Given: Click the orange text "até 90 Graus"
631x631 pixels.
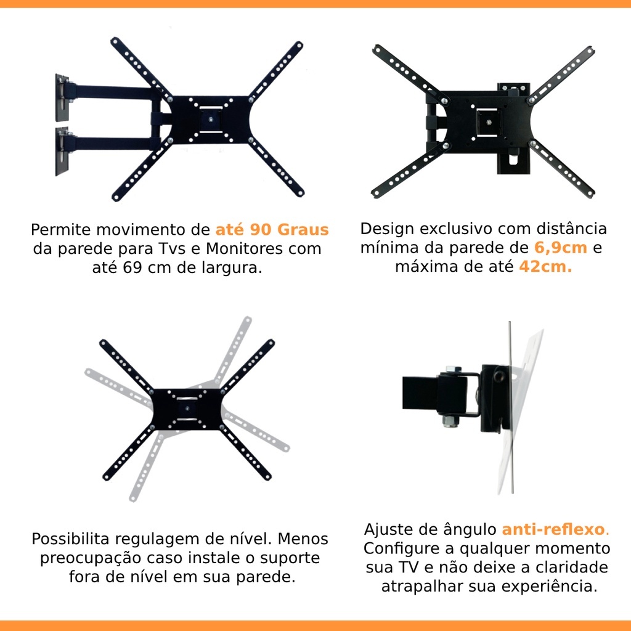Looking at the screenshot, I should pos(272,230).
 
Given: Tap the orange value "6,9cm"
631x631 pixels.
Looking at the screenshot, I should pos(560,248).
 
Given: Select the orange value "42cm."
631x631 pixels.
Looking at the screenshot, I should pos(545,267).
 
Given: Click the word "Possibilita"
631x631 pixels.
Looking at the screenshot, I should pos(70,539).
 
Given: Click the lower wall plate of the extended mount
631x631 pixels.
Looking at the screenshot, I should pos(62,151).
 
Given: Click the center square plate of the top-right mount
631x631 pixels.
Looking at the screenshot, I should pos(491,120).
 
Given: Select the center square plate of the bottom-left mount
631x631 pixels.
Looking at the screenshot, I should pos(185,408).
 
